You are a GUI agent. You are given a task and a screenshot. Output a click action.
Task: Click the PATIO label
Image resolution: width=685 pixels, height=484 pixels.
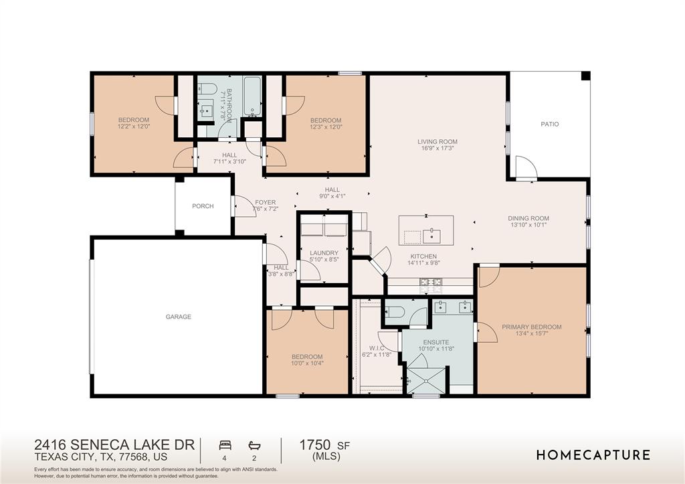(550, 124)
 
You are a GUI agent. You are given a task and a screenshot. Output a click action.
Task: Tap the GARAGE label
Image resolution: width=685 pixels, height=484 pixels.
(178, 317)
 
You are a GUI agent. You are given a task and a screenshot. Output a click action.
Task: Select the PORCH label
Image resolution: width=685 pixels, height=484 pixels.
(203, 206)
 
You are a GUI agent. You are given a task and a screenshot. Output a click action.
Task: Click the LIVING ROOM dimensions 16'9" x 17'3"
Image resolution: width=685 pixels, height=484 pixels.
(437, 148)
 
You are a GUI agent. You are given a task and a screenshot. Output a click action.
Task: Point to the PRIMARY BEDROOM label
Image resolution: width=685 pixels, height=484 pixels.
(532, 327)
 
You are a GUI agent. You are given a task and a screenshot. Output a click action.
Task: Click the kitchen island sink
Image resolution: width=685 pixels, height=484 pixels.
(431, 236)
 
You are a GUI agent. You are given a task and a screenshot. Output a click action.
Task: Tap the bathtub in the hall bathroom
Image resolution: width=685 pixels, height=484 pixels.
(252, 96)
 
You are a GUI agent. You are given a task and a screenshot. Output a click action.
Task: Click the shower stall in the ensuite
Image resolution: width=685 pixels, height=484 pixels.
(426, 381)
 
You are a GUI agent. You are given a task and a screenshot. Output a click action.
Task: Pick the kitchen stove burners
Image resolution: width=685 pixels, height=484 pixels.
(431, 285)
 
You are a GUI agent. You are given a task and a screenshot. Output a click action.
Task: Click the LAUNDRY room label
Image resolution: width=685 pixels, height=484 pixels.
(324, 253)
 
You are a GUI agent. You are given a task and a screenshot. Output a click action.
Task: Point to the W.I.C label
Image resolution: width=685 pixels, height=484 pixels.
(377, 348)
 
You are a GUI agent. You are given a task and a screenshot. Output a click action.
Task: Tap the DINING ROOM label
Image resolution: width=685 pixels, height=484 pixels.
(528, 218)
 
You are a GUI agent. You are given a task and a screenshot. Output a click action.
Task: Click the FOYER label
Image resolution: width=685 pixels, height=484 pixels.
(265, 202)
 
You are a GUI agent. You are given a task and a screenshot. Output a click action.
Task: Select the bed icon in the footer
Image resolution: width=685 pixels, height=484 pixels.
(225, 446)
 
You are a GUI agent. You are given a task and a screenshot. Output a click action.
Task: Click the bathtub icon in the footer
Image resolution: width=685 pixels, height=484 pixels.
(254, 446)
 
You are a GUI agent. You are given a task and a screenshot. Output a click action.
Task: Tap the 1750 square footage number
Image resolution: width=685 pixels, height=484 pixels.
(314, 445)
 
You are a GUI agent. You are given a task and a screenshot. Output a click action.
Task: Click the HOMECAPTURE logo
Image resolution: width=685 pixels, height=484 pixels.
(593, 455)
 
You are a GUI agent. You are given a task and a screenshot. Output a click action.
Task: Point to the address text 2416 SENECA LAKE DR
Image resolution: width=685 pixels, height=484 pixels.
(114, 445)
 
